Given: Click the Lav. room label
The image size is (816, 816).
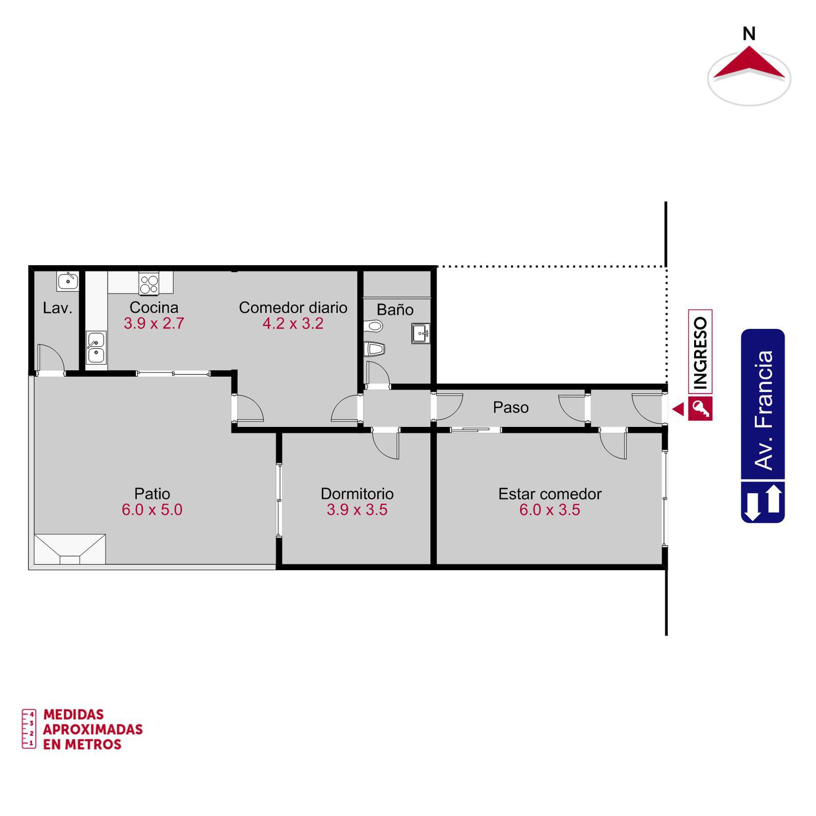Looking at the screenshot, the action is [58, 308].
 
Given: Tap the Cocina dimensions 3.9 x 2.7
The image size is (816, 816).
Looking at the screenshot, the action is [154, 323].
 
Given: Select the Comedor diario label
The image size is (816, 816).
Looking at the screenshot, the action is [293, 308].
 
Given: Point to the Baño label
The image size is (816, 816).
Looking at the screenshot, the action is [395, 309].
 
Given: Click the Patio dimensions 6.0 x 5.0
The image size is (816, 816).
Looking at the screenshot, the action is [152, 509].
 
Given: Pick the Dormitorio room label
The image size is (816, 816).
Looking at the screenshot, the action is [357, 494].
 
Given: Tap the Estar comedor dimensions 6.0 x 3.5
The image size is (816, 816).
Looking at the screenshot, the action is [550, 509].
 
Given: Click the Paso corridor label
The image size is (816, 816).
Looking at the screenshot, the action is [511, 407].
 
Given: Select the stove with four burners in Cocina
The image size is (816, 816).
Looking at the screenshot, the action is [149, 284].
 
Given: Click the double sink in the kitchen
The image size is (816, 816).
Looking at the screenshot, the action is [96, 347].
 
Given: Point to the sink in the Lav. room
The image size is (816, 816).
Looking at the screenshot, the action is [67, 281].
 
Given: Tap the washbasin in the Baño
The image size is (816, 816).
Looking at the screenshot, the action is [421, 334].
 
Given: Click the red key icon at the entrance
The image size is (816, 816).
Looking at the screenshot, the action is [700, 409].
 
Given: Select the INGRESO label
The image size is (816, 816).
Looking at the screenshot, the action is [700, 352].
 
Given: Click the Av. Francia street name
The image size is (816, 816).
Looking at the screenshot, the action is [763, 410].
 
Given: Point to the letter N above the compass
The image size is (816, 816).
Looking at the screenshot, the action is [749, 34].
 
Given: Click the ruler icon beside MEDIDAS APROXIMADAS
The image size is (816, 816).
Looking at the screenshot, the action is [29, 729].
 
